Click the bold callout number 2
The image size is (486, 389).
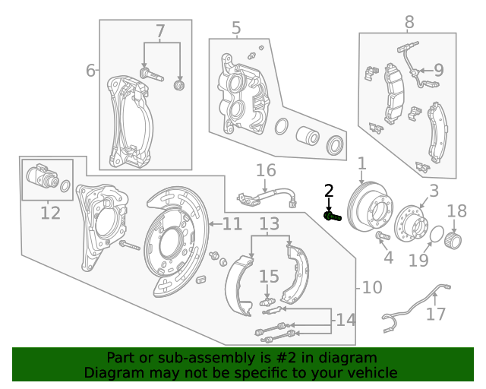pyautogui.click(x=329, y=191)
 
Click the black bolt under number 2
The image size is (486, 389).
pyautogui.click(x=331, y=217)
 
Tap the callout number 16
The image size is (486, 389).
pyautogui.click(x=265, y=171)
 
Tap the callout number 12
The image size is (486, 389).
pyautogui.click(x=50, y=213)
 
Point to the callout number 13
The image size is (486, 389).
pyautogui.click(x=269, y=224)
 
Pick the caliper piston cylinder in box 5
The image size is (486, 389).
pyautogui.click(x=308, y=136)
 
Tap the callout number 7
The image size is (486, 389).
pyautogui.click(x=160, y=31)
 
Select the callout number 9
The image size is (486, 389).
pyautogui.click(x=438, y=71)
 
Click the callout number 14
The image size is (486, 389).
pyautogui.click(x=345, y=320)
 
